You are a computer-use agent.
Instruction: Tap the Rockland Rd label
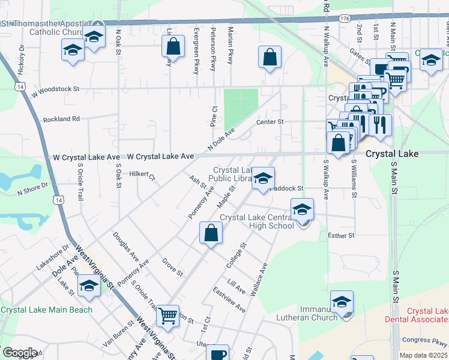point(61,119)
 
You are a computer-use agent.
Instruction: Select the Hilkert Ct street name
point(142,176)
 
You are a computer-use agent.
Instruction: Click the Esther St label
point(342,236)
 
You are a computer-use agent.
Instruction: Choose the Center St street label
point(270,122)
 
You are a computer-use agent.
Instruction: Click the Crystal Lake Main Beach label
point(47,310)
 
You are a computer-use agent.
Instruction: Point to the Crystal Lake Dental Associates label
point(427,316)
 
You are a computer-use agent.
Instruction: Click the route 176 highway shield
point(344,19)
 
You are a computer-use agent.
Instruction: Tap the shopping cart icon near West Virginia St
point(167,314)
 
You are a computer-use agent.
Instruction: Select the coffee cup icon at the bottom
point(218,353)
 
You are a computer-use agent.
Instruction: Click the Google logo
point(19,353)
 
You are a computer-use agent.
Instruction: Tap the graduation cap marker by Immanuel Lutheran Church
point(342,301)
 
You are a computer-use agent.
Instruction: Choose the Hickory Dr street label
point(21,60)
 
